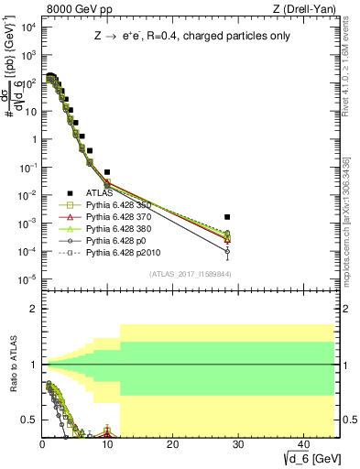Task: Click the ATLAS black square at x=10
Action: (x=107, y=171)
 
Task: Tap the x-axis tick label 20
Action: (x=172, y=445)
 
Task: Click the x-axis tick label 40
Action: (x=302, y=445)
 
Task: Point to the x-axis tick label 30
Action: (x=237, y=445)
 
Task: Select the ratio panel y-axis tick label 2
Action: (x=33, y=309)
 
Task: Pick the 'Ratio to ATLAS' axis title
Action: (x=12, y=364)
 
